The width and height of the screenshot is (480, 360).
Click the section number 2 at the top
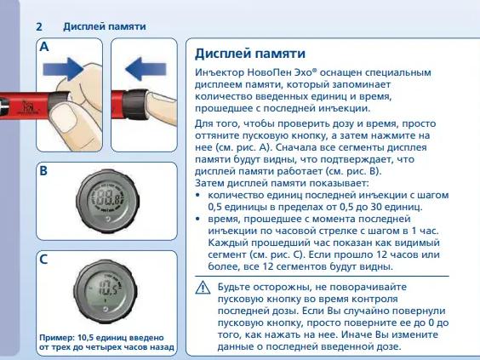point(39,26)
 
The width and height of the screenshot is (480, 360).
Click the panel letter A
point(44,47)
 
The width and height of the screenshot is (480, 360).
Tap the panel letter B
point(43,171)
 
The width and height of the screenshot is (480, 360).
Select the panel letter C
point(43,260)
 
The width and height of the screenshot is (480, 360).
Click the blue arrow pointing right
point(63,69)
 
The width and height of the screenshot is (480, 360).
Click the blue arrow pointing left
point(146,69)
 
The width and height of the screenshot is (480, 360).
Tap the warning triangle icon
point(203,288)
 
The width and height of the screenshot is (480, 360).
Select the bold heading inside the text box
point(250,54)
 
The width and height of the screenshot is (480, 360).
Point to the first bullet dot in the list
point(197,195)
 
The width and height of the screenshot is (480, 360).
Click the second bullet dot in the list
point(197,219)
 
